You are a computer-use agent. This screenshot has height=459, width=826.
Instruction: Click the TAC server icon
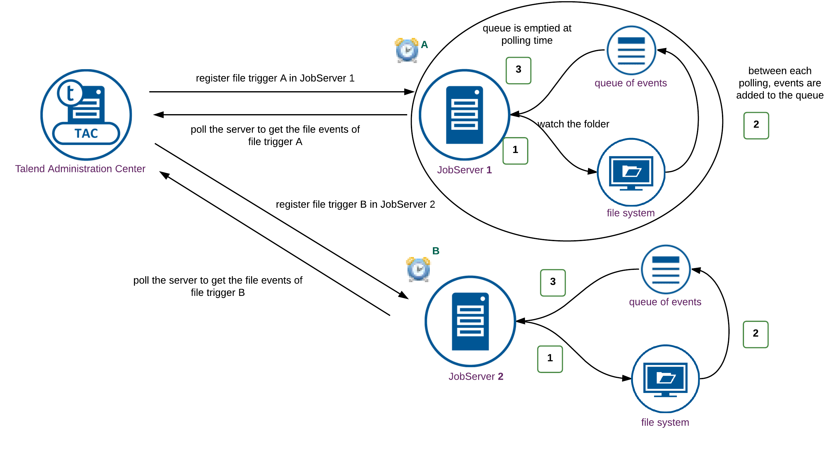click(x=86, y=114)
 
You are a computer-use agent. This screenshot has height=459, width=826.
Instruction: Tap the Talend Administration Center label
click(x=80, y=169)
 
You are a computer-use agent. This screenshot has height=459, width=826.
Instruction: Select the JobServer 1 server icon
click(x=464, y=114)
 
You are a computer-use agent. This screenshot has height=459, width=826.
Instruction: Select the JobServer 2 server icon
click(x=470, y=321)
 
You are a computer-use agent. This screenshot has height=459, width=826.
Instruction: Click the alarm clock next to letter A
click(x=407, y=50)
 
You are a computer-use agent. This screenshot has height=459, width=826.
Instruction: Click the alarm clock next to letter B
click(x=418, y=270)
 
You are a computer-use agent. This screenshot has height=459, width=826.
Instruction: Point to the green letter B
click(x=435, y=251)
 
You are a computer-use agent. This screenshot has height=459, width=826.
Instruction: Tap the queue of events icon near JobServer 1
click(x=631, y=50)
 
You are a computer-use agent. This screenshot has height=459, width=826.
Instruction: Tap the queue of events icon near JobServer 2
click(x=665, y=270)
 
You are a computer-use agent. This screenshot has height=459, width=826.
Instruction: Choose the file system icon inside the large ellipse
click(x=631, y=172)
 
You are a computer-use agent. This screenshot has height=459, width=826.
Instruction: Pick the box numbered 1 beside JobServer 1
click(x=515, y=151)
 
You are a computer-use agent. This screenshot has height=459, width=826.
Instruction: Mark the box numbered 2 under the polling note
click(x=756, y=125)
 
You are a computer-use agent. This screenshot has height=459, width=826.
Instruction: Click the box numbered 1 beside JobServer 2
click(x=550, y=359)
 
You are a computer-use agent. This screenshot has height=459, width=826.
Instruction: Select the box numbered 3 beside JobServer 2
click(x=553, y=282)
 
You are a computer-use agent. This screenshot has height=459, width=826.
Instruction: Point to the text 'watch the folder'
click(x=573, y=124)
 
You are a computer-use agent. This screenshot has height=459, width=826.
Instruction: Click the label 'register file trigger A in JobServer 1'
click(x=275, y=78)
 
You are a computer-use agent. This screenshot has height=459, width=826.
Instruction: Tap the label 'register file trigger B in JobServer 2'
click(x=355, y=204)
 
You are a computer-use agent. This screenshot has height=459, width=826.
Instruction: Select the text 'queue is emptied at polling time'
click(x=527, y=34)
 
